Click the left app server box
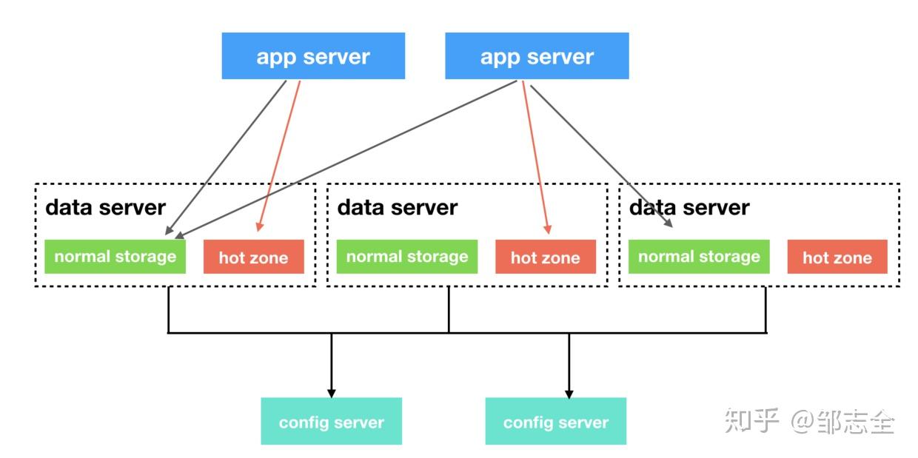click(x=313, y=56)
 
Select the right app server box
click(x=537, y=56)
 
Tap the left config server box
click(x=331, y=422)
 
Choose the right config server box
click(x=555, y=422)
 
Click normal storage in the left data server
click(x=115, y=257)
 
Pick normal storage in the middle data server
click(x=406, y=257)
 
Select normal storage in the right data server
click(x=698, y=257)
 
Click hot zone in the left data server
click(x=253, y=257)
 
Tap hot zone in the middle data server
click(x=545, y=257)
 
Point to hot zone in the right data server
click(x=837, y=257)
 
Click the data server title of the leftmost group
click(x=105, y=207)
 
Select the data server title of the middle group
click(x=397, y=207)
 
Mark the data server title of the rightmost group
click(x=688, y=207)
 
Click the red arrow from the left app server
click(x=280, y=155)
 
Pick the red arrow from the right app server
click(x=535, y=155)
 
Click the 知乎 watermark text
click(x=751, y=421)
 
